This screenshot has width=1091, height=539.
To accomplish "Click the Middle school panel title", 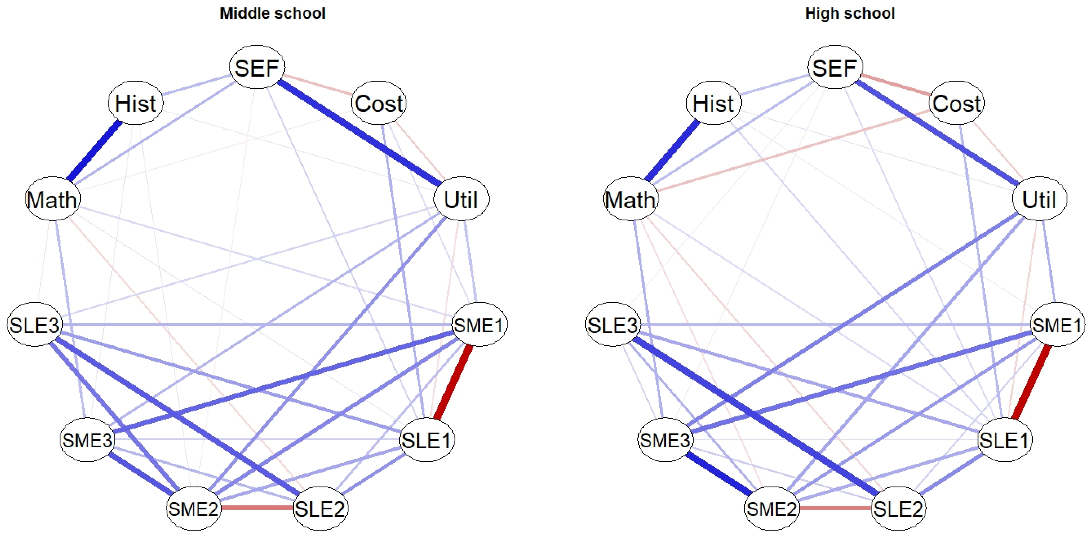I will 272,14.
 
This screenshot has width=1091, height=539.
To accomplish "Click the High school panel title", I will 850,14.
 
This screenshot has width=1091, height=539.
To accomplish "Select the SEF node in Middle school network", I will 257,67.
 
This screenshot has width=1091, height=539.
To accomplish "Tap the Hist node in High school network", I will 713,103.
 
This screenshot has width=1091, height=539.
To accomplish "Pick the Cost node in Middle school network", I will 379,103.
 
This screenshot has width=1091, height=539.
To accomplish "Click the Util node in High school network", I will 1039,199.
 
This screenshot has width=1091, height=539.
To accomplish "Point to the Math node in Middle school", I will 52,199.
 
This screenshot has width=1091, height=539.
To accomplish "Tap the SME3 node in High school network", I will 664,440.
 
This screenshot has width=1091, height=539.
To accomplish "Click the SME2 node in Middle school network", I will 194,508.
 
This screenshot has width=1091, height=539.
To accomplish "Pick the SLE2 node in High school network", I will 898,508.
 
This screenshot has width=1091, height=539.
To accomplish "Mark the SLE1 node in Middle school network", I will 427,440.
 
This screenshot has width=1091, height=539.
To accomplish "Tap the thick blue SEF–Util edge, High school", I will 937,133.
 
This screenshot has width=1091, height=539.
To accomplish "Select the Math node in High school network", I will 630,199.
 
